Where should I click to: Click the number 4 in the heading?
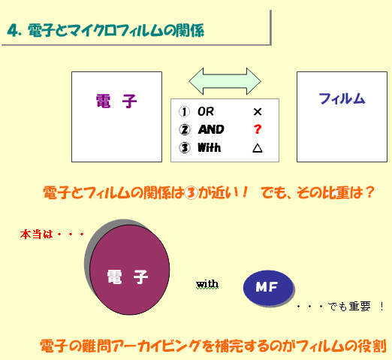13,31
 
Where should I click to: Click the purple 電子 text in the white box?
116,101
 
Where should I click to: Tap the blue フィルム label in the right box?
342,98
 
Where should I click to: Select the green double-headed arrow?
225,81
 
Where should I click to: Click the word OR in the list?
206,112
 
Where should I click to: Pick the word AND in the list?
211,129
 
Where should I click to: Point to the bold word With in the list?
210,147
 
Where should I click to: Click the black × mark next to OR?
258,112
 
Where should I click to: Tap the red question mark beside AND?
258,129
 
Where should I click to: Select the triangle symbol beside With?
258,148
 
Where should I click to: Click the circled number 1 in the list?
184,112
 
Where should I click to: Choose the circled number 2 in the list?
185,130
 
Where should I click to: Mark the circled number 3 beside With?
185,148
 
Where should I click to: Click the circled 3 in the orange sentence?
191,193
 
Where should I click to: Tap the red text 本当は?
37,234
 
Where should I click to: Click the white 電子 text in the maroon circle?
128,277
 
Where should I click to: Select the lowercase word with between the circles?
207,284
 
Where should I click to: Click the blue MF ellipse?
268,288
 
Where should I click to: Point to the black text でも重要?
349,307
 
